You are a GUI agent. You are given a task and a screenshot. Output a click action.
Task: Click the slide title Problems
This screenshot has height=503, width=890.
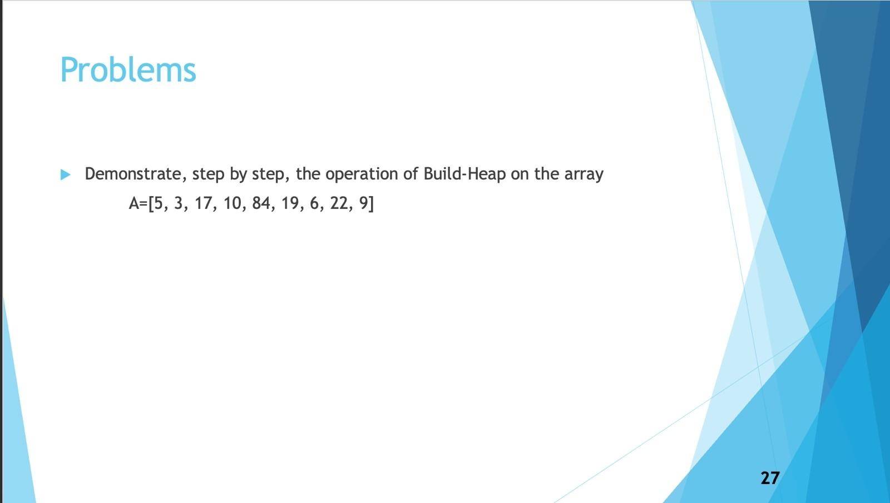pos(128,70)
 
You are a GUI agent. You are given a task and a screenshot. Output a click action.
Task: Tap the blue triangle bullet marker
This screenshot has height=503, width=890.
pos(66,175)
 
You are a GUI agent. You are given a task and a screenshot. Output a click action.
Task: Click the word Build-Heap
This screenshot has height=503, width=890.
pos(464,174)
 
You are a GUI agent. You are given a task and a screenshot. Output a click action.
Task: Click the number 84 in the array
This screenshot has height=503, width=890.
pos(261,203)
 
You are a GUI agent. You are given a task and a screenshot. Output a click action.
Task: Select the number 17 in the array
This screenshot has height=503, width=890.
pos(203,203)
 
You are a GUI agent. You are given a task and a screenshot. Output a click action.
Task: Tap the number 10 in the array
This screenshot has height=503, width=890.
pos(232,203)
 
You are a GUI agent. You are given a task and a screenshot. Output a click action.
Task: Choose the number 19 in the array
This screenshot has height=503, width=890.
pos(290,203)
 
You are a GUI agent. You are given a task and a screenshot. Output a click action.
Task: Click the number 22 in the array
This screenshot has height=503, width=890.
pos(339,203)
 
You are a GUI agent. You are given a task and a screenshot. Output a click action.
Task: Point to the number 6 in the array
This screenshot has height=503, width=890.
pos(314,203)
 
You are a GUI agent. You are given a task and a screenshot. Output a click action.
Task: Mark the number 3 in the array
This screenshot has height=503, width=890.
pos(179,203)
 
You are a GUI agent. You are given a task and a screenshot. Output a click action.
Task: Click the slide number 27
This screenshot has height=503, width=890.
pos(770,478)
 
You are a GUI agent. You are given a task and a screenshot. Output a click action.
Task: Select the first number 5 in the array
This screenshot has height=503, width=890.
pos(159,203)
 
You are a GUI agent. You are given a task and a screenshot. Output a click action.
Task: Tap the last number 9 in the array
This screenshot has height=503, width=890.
pos(363,203)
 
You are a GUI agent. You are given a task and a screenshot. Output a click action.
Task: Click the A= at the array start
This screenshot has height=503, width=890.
pos(138,203)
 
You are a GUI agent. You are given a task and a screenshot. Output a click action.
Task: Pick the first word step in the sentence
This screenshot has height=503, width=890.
pos(209,175)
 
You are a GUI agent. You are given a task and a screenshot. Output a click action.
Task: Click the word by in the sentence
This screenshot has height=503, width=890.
pos(238,175)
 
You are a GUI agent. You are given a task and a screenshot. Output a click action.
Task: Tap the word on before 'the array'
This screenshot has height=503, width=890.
pos(520,175)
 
